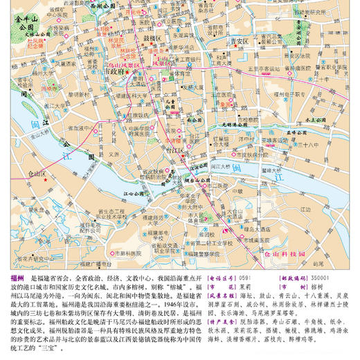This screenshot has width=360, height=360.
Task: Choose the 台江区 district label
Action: click(x=172, y=149)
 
